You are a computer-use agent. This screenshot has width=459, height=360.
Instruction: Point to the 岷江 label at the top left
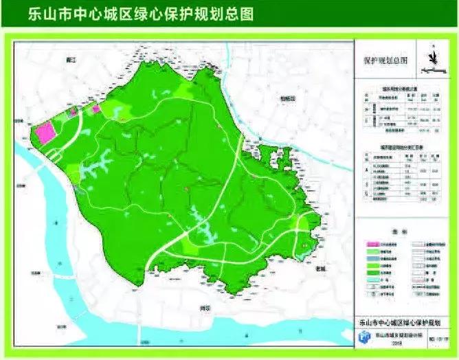[x=66, y=60]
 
